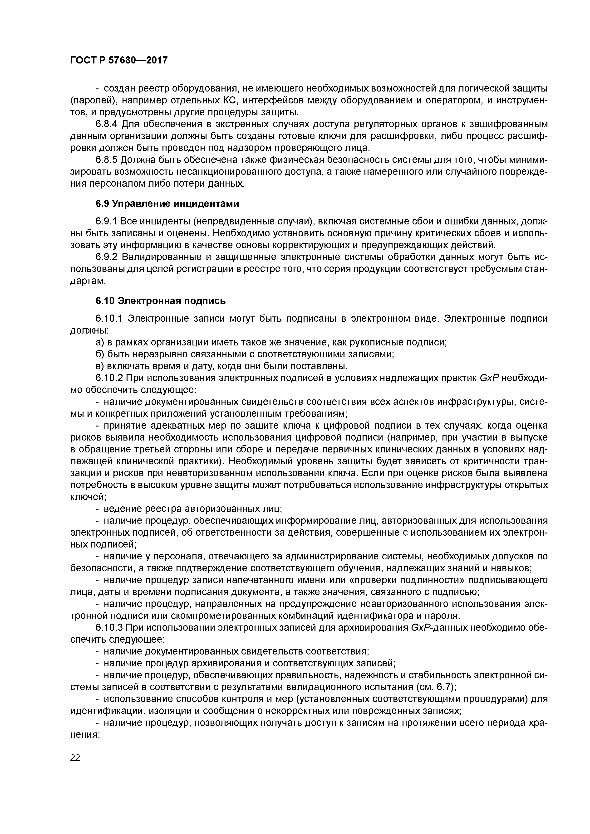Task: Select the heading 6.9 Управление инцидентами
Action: [x=167, y=204]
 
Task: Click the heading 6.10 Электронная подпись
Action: [x=161, y=301]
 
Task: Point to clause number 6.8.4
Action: [x=107, y=124]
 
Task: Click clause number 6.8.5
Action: [x=107, y=160]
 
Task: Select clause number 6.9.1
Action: [x=107, y=221]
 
